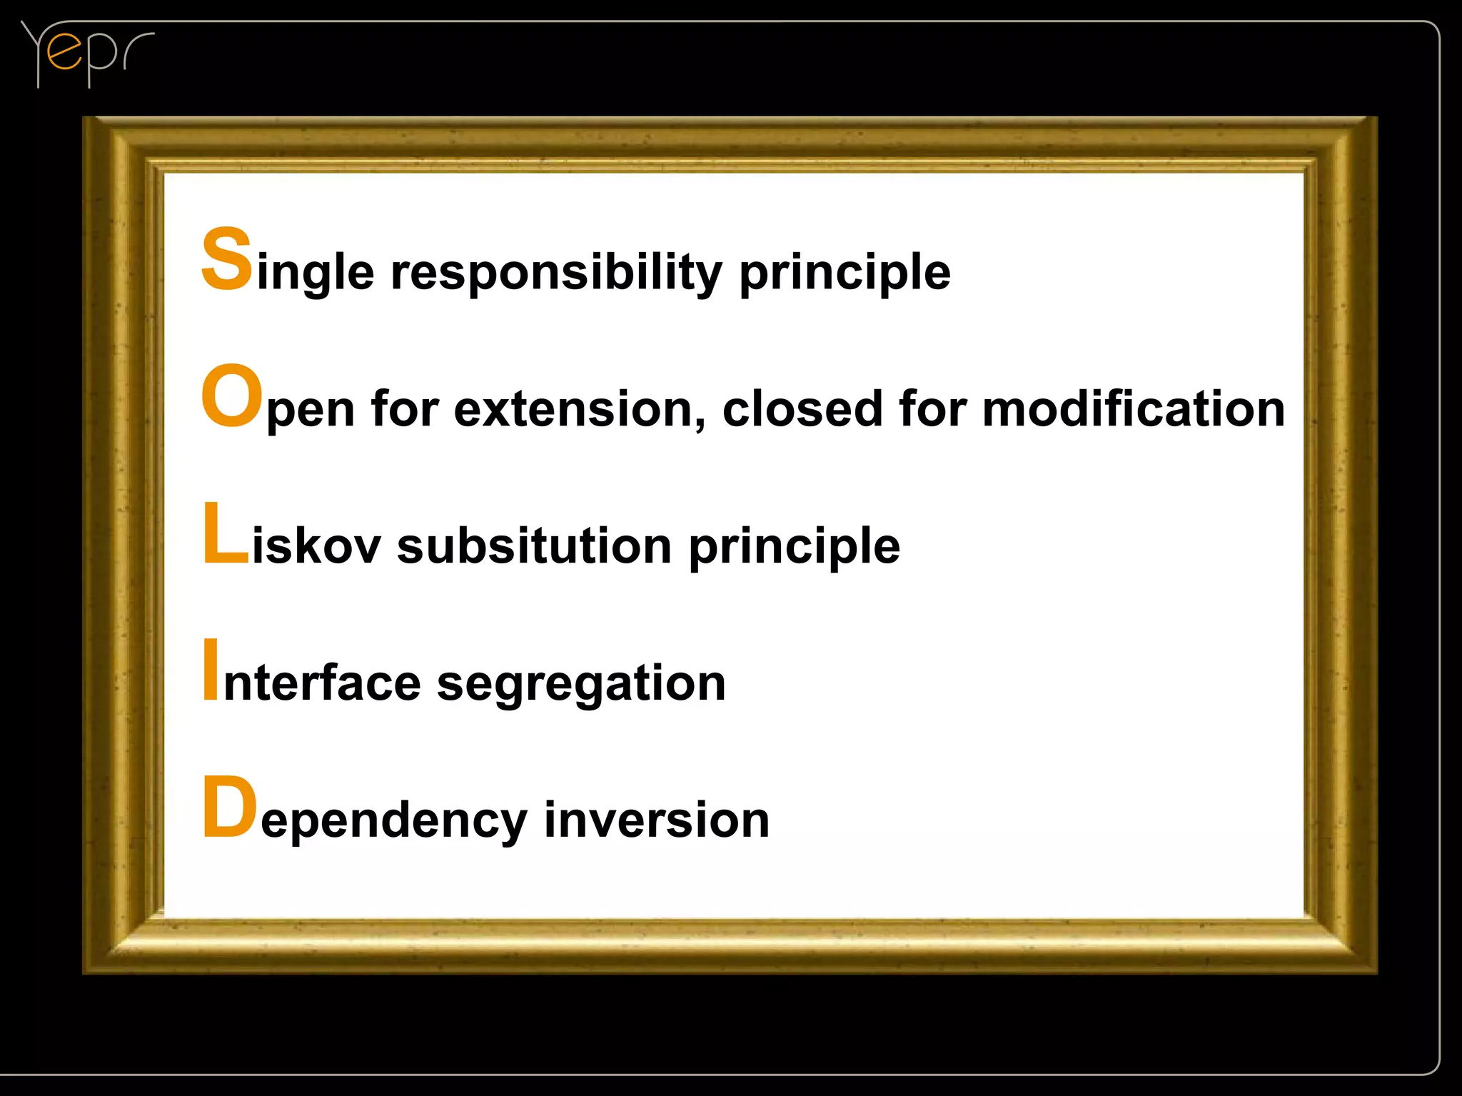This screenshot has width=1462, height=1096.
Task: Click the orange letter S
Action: tap(226, 258)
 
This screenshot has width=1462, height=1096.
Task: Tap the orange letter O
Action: tap(231, 395)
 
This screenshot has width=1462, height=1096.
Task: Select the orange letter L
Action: tap(224, 533)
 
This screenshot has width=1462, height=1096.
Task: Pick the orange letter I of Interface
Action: tap(211, 670)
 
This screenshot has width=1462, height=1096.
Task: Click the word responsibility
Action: tap(556, 272)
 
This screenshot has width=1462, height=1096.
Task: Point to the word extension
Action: tap(572, 409)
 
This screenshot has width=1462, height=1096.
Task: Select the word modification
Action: tap(1133, 409)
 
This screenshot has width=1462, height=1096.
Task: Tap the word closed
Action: tap(802, 409)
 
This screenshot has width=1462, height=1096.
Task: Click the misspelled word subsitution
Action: tap(533, 546)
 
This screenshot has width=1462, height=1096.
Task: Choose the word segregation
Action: tap(580, 684)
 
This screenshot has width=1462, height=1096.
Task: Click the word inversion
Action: tap(656, 820)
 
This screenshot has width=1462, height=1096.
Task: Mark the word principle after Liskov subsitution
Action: tap(794, 547)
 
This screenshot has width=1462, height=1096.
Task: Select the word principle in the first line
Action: tap(845, 273)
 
